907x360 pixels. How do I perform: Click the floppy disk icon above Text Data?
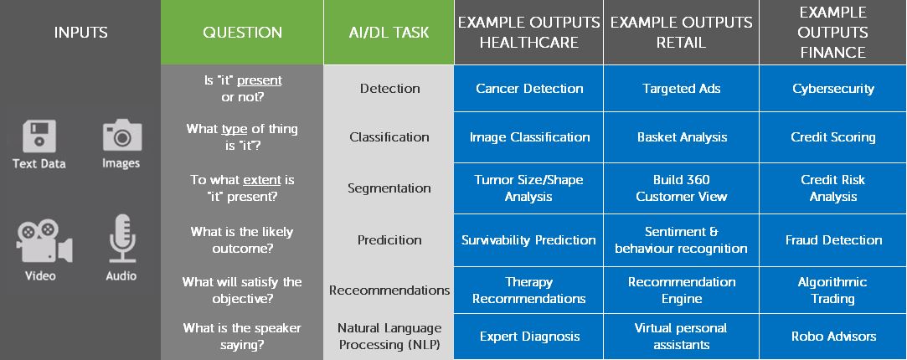[39, 136]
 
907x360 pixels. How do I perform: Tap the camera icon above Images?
[122, 136]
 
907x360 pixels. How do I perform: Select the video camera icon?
[44, 241]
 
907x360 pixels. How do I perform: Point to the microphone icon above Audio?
[122, 239]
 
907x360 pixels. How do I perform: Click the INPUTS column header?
[80, 33]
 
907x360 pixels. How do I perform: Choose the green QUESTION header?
[242, 33]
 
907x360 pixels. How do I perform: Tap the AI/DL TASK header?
[389, 33]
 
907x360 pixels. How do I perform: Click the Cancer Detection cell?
[528, 89]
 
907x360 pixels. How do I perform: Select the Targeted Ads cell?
[682, 89]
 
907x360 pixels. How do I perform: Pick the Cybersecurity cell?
[833, 89]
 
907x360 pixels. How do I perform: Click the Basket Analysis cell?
[682, 137]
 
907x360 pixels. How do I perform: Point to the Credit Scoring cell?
[833, 137]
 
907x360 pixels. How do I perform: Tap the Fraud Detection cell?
[833, 239]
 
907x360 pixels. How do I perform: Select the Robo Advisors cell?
[833, 337]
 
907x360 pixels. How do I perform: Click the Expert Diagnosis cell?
[528, 337]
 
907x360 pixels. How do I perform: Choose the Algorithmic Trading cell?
[833, 290]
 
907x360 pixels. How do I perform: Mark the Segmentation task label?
[389, 188]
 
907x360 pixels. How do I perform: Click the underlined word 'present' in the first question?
[259, 80]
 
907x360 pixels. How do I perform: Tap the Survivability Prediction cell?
[528, 239]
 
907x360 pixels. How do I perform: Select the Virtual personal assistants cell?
[682, 337]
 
